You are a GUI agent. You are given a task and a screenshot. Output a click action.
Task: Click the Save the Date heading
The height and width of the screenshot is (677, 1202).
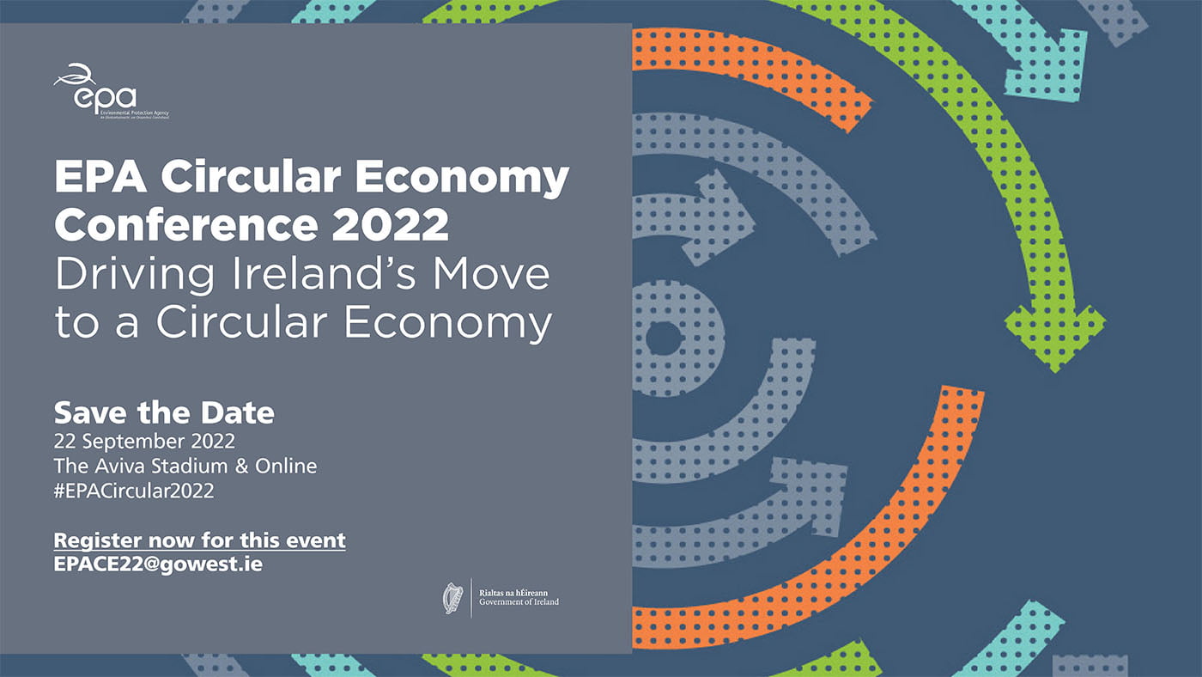pos(164,413)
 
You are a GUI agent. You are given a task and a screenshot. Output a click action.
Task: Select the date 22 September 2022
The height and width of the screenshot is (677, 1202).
pos(143,442)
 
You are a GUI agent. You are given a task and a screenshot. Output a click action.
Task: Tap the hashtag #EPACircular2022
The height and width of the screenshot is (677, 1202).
pos(133,491)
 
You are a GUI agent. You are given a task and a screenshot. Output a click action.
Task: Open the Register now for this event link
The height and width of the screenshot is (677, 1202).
pos(199,540)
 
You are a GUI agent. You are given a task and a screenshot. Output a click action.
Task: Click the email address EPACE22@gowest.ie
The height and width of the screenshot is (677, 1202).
pos(158,564)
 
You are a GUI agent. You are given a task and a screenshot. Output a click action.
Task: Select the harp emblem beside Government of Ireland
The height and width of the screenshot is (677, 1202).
pos(452,597)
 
